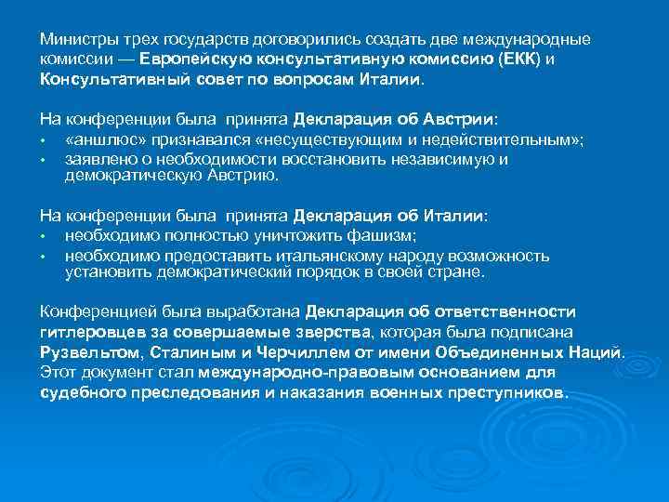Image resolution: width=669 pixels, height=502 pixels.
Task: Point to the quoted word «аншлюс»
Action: point(100,140)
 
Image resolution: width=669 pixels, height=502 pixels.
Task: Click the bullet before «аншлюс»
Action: point(44,141)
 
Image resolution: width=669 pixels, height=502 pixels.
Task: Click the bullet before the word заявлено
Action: point(44,160)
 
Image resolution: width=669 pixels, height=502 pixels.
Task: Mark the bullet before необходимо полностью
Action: point(44,237)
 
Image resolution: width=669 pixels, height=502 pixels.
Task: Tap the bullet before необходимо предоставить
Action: point(44,256)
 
